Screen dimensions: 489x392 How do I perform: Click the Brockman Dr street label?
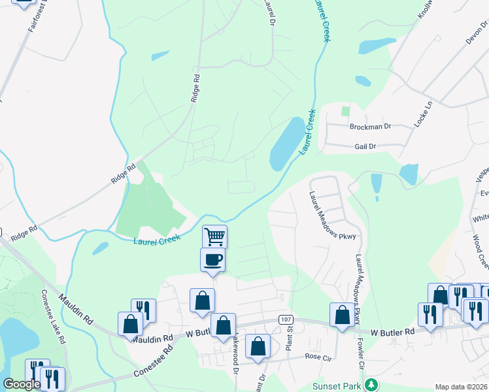pos(369,126)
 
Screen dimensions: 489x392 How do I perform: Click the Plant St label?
pos(289,339)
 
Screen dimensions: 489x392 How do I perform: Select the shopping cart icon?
pos(214,236)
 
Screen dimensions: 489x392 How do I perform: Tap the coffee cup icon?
pos(213,259)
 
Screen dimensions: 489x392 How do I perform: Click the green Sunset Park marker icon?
pos(371,384)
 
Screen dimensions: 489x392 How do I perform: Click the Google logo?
pos(22,384)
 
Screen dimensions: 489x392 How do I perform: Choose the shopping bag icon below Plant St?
pos(258,347)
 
